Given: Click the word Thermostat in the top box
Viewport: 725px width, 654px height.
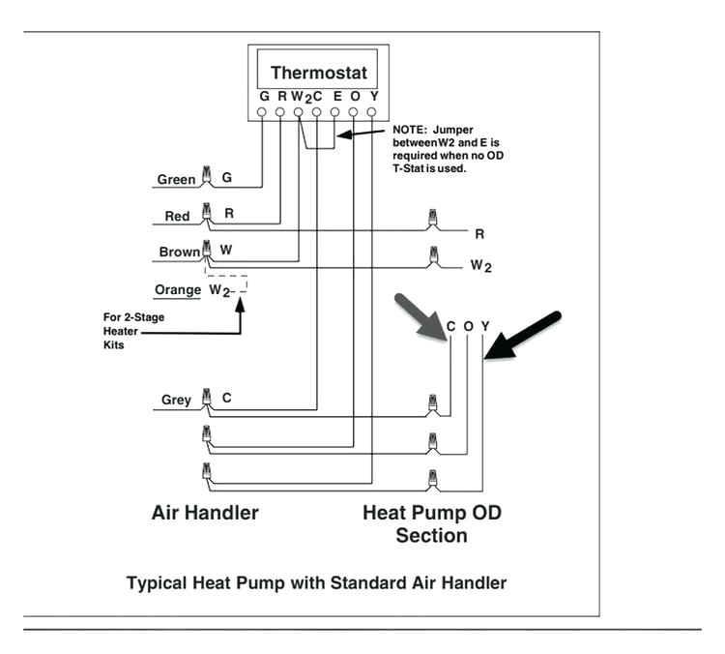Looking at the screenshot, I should (x=318, y=73).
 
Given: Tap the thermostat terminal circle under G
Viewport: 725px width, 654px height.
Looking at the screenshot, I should (x=263, y=112).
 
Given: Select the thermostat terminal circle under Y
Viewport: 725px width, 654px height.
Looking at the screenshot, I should (x=372, y=112).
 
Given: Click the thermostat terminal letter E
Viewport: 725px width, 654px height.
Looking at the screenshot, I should (x=336, y=97).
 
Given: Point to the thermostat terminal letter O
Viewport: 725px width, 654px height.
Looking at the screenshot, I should (x=355, y=97).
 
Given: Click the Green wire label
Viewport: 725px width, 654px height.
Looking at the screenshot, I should (x=177, y=179).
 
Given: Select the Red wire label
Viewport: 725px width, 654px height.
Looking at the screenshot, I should (x=177, y=216).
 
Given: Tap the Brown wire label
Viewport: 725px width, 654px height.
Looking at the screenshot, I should (x=180, y=252).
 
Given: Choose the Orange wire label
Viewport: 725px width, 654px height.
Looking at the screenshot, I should (x=177, y=289).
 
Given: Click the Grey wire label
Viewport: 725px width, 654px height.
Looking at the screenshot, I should (x=176, y=400).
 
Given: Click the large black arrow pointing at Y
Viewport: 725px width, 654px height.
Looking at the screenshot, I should (x=523, y=336).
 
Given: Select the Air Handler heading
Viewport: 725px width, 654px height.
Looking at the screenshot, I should (x=205, y=513).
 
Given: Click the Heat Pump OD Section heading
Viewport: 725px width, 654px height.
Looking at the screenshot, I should (x=432, y=523).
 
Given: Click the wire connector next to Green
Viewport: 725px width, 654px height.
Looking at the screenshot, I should (x=206, y=177).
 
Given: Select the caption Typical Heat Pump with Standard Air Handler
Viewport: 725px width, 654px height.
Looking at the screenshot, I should (x=316, y=583).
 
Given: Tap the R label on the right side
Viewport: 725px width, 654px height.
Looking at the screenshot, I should (x=478, y=233).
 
